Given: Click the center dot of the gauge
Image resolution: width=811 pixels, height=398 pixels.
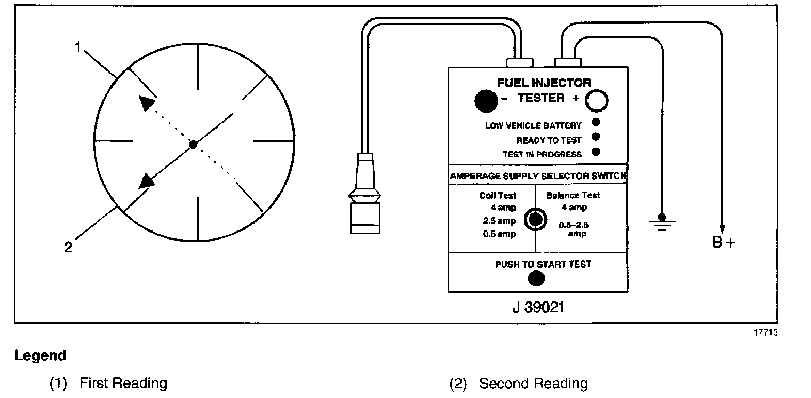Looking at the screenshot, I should coord(194,145).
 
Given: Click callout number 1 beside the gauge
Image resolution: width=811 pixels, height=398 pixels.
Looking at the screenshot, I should coord(78,48).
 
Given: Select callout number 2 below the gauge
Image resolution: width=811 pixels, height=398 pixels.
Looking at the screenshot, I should coord(68,248).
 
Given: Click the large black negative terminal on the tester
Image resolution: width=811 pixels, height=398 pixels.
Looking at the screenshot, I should coord(485,100).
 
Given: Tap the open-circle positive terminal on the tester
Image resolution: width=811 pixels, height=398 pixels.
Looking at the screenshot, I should coord(597,100).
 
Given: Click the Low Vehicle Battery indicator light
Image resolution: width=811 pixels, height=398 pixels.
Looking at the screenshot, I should coord(596,123).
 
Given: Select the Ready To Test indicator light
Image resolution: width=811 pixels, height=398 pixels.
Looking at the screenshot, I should coord(596,138).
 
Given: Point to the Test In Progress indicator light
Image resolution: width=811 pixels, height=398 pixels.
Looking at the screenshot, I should coord(596,152).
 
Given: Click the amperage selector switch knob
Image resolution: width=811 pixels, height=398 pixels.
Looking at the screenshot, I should coord(535,219).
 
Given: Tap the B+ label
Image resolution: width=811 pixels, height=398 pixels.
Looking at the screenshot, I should coord(723,243).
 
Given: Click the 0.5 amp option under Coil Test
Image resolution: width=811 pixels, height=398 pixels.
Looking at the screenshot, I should coord(499,234).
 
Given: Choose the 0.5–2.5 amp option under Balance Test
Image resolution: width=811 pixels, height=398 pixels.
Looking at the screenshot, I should coord(573,229).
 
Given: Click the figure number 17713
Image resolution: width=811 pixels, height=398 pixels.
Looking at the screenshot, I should coord(765,332).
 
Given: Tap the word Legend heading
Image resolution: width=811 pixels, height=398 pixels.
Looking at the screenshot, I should coord(41,356).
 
